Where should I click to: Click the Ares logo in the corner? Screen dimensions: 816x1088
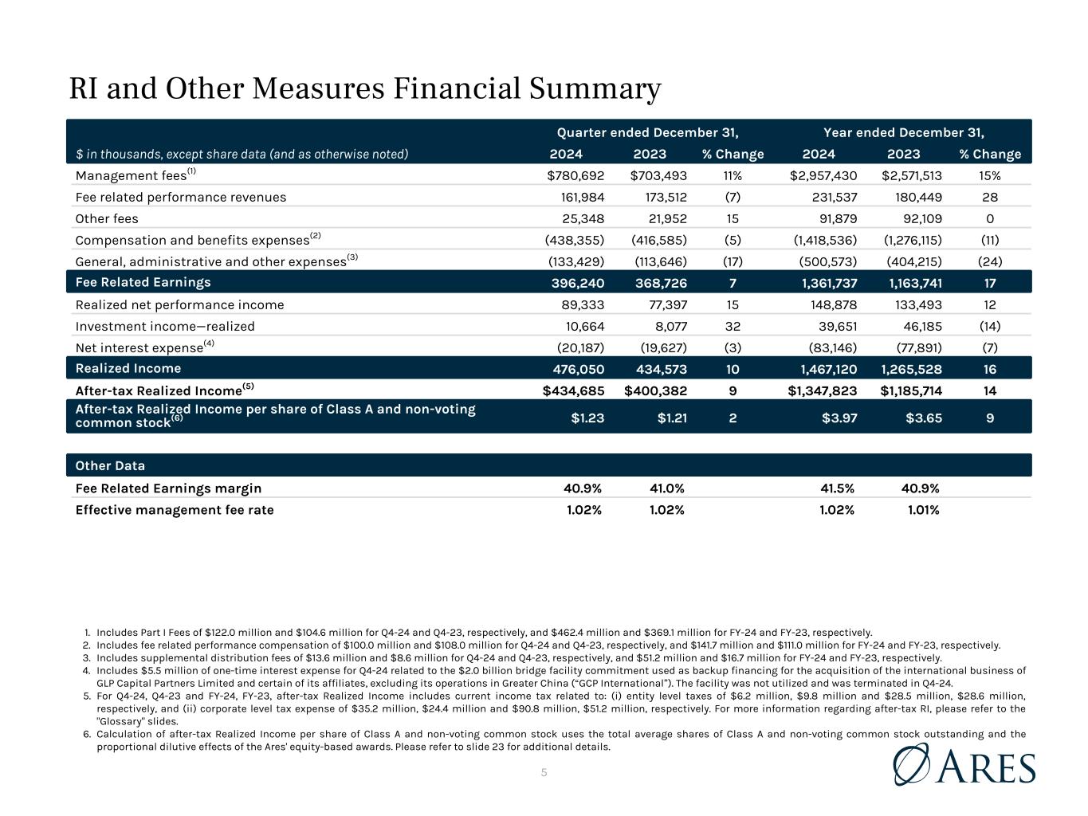[964, 765]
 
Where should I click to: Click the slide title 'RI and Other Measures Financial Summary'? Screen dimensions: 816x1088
[365, 88]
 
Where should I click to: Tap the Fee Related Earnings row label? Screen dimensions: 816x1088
[143, 282]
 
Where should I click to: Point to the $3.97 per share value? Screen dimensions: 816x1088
[839, 416]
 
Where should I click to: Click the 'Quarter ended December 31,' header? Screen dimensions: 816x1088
[647, 132]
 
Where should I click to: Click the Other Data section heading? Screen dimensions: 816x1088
[110, 465]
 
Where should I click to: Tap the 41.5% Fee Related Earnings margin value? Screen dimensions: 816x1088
[837, 488]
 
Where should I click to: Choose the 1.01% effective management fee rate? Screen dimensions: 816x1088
[923, 510]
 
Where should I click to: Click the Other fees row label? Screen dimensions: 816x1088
[107, 218]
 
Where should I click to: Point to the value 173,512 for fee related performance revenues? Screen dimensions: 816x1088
[658, 197]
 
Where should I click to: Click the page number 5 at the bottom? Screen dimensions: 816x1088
[544, 772]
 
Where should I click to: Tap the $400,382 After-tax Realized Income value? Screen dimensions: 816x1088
[655, 390]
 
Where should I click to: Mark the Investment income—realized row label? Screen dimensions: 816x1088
[165, 326]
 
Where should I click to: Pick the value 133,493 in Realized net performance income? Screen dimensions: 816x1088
[915, 304]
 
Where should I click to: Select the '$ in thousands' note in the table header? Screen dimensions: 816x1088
[242, 154]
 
